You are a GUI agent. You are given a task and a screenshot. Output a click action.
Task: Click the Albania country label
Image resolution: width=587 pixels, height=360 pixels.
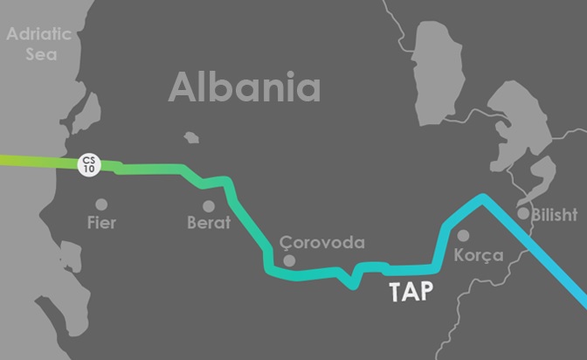(x=245, y=87)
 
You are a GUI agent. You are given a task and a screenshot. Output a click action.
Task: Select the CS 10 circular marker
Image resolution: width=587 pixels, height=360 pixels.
(x=88, y=163)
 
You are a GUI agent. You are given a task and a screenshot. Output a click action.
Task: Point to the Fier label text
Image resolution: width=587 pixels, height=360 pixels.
(x=102, y=223)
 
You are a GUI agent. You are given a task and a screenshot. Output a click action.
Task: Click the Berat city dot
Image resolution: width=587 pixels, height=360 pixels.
(x=209, y=206)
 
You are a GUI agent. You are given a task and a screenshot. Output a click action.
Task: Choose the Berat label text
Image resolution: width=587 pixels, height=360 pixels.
(x=209, y=223)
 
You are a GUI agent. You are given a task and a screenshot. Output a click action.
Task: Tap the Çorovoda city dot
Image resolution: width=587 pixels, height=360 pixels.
(x=290, y=260)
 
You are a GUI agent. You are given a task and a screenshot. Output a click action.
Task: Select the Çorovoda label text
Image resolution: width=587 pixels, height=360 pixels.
(x=322, y=243)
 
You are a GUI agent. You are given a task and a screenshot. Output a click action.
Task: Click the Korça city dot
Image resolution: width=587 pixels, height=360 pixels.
(x=464, y=235)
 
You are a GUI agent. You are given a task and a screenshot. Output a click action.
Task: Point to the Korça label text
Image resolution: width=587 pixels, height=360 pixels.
(x=480, y=256)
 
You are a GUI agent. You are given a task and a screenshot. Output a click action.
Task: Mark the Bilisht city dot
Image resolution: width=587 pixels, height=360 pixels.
(x=523, y=212)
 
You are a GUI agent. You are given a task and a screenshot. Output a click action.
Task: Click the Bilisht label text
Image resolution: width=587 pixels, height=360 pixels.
(x=553, y=213)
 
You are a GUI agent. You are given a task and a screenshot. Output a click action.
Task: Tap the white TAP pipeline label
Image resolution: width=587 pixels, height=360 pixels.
(x=410, y=292)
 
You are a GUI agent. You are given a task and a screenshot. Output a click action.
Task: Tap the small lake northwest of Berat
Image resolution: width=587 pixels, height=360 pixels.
(x=190, y=137)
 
